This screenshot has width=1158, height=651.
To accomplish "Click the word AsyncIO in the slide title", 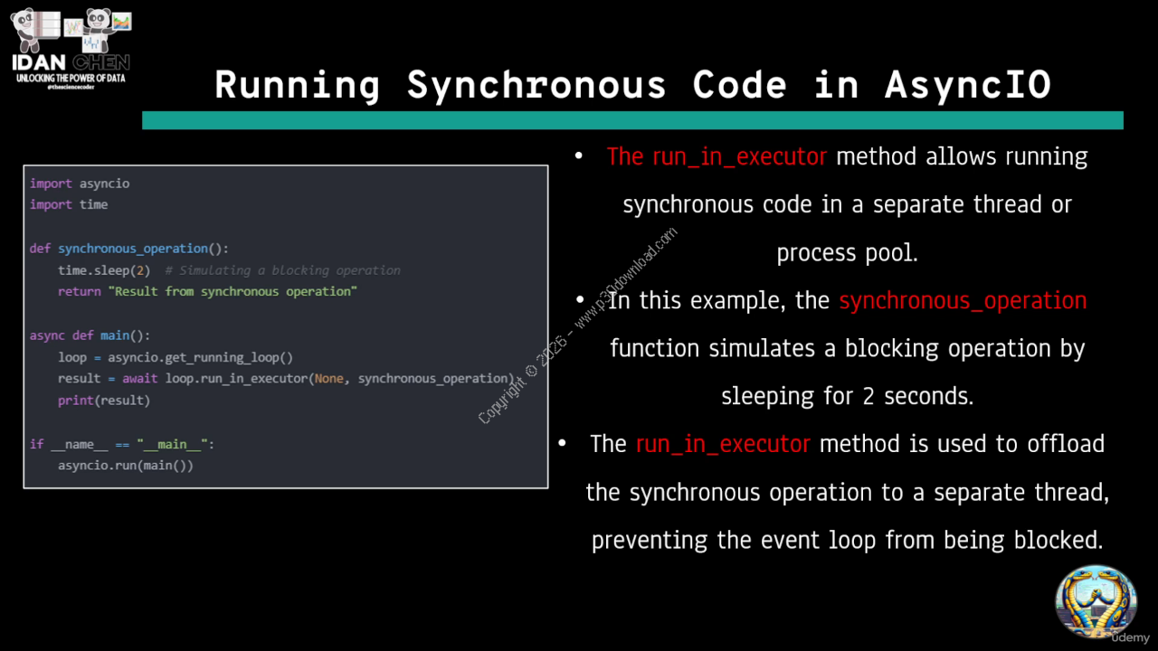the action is click(x=968, y=85).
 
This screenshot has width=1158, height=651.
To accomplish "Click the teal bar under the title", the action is click(x=632, y=120).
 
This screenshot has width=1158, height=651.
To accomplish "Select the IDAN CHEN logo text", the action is click(x=71, y=62).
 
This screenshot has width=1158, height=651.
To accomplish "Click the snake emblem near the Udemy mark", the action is click(x=1096, y=602).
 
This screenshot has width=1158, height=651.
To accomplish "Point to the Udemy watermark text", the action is click(x=1131, y=637).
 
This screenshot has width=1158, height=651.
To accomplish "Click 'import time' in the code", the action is click(x=69, y=204).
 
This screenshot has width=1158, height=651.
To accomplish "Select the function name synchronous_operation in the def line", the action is click(x=133, y=249).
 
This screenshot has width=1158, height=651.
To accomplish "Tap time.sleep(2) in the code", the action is click(x=104, y=270).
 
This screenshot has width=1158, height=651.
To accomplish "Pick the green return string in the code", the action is click(x=233, y=292).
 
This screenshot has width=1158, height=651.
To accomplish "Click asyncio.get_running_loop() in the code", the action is click(x=200, y=357).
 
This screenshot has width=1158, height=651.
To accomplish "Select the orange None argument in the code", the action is click(x=328, y=379).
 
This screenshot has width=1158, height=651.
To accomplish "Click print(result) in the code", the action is click(x=104, y=401).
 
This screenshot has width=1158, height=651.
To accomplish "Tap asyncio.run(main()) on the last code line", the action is click(x=126, y=466).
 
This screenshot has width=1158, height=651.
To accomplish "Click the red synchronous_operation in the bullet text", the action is click(x=963, y=301).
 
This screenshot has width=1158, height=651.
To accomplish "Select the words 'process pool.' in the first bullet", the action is click(x=848, y=253).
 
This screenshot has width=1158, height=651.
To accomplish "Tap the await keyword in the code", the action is click(x=139, y=379).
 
